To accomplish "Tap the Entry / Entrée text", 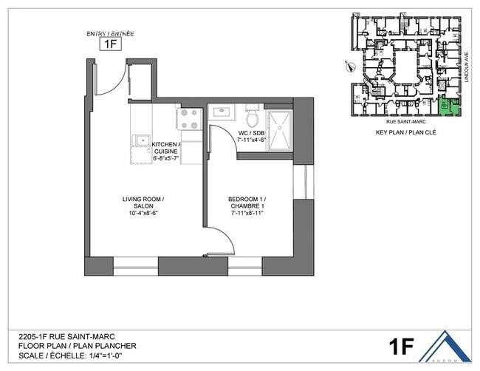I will click(111, 33).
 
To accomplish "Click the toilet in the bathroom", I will click(251, 118).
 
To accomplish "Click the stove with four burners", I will click(189, 118).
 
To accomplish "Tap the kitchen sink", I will click(140, 140).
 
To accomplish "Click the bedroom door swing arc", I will click(222, 242).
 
